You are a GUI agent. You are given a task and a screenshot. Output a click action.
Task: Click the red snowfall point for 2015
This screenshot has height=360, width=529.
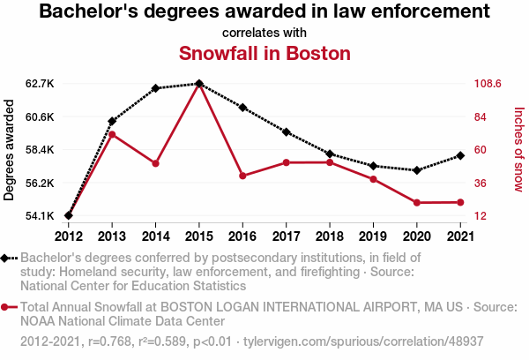[199, 85]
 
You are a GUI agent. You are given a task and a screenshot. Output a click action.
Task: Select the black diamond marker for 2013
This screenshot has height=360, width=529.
[112, 121]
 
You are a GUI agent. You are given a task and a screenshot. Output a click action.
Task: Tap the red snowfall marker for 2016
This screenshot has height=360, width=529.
[242, 176]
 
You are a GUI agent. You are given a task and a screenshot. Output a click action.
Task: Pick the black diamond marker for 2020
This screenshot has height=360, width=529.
[416, 170]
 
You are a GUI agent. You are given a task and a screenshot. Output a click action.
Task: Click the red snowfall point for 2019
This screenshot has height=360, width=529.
[373, 179]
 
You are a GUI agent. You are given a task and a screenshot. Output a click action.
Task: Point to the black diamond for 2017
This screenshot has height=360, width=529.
[287, 132]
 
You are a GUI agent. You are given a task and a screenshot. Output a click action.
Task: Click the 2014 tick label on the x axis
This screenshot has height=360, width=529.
[155, 236]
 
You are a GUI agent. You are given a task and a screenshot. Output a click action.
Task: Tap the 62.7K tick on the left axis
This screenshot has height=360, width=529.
[40, 84]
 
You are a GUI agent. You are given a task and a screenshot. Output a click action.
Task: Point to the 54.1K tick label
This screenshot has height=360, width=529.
[40, 216]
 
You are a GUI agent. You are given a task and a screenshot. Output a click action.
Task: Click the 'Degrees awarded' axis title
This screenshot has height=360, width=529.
[10, 150]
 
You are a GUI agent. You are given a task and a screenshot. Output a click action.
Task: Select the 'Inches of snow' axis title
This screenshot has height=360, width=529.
[518, 150]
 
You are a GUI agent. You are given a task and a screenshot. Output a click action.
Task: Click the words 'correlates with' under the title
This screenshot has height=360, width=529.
[264, 33]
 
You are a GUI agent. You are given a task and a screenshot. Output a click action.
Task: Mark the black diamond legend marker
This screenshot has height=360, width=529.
[7, 258]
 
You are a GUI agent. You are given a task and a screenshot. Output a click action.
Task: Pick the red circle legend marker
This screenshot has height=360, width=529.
[7, 307]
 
